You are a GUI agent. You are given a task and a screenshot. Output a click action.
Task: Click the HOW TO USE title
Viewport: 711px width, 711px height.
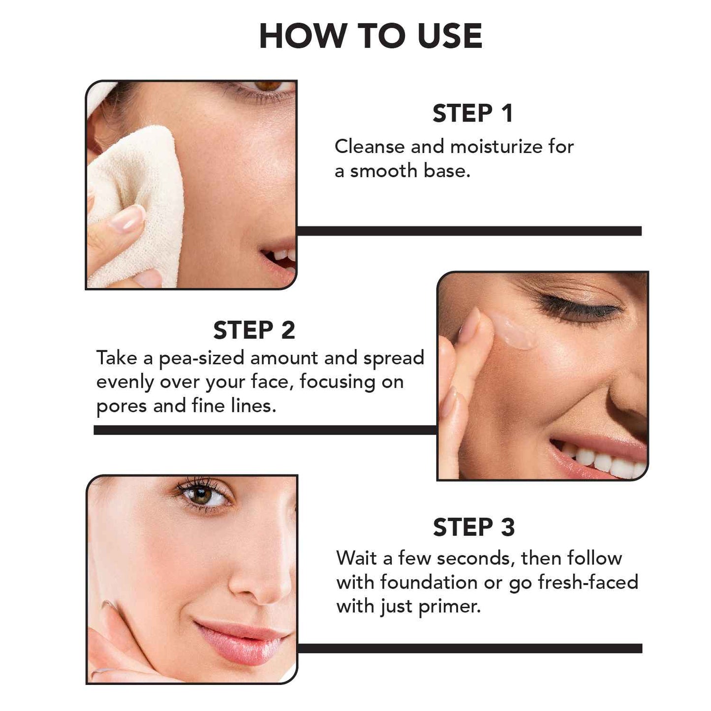tap(371, 36)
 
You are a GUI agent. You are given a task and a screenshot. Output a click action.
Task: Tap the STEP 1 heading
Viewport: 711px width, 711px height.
tap(473, 113)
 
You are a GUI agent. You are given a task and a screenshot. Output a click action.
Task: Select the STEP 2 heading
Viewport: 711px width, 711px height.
tap(254, 330)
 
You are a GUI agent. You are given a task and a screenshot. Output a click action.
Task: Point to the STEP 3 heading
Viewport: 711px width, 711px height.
tap(474, 527)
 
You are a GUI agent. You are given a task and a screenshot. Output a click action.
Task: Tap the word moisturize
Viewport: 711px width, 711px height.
tap(496, 147)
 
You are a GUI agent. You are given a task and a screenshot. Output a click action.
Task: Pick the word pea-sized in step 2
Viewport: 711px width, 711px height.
tap(201, 359)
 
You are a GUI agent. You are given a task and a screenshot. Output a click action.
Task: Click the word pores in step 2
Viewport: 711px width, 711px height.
tap(121, 407)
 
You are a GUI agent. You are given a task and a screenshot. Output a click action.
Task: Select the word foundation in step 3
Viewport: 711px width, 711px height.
tap(429, 583)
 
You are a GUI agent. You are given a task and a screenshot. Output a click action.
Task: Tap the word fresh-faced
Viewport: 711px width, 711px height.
tap(588, 583)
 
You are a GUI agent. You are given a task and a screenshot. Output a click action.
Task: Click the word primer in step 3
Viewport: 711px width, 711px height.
tap(449, 607)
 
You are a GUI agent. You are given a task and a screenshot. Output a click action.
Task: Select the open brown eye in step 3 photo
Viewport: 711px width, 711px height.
tap(203, 495)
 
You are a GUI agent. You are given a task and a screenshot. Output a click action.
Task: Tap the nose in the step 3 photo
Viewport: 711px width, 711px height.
tap(261, 581)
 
